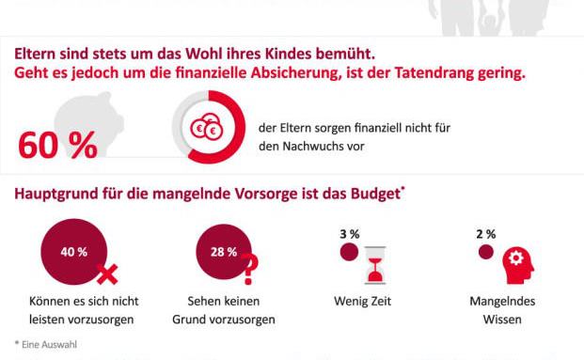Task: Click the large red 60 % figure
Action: point(57,146)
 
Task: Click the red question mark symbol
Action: point(249,270)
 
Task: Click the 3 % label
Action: point(350,233)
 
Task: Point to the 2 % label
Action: point(486,233)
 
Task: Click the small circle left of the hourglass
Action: point(349,252)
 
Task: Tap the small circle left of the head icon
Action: point(486,252)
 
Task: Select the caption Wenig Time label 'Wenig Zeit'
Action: point(362,302)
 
